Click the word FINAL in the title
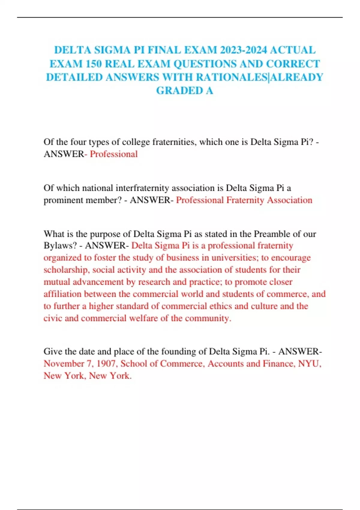point(163,50)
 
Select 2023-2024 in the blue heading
point(243,50)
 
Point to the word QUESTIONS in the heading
point(205,64)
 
